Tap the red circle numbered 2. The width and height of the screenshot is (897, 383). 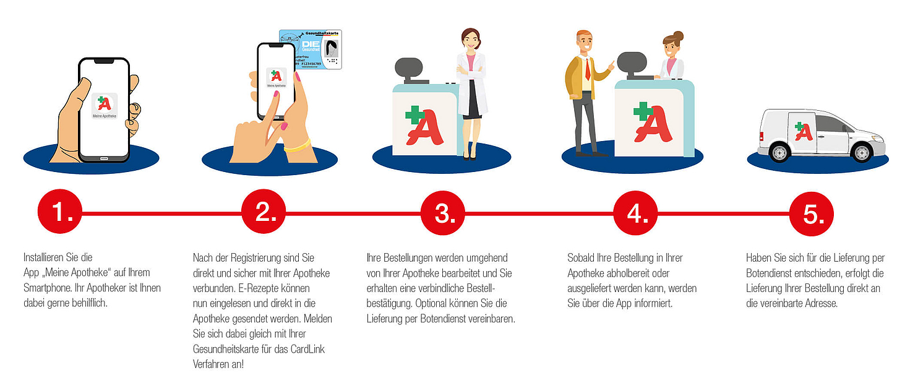pos(263,213)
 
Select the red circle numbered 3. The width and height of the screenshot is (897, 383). pos(443,213)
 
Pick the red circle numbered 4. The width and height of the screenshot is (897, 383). pos(635,213)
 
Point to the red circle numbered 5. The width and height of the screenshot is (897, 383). pos(812,213)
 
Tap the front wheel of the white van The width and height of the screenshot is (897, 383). pos(860,151)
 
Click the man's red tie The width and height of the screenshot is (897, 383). pos(588,69)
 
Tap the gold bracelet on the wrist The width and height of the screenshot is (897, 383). pos(297,146)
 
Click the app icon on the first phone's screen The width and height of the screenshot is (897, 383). pos(104,106)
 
